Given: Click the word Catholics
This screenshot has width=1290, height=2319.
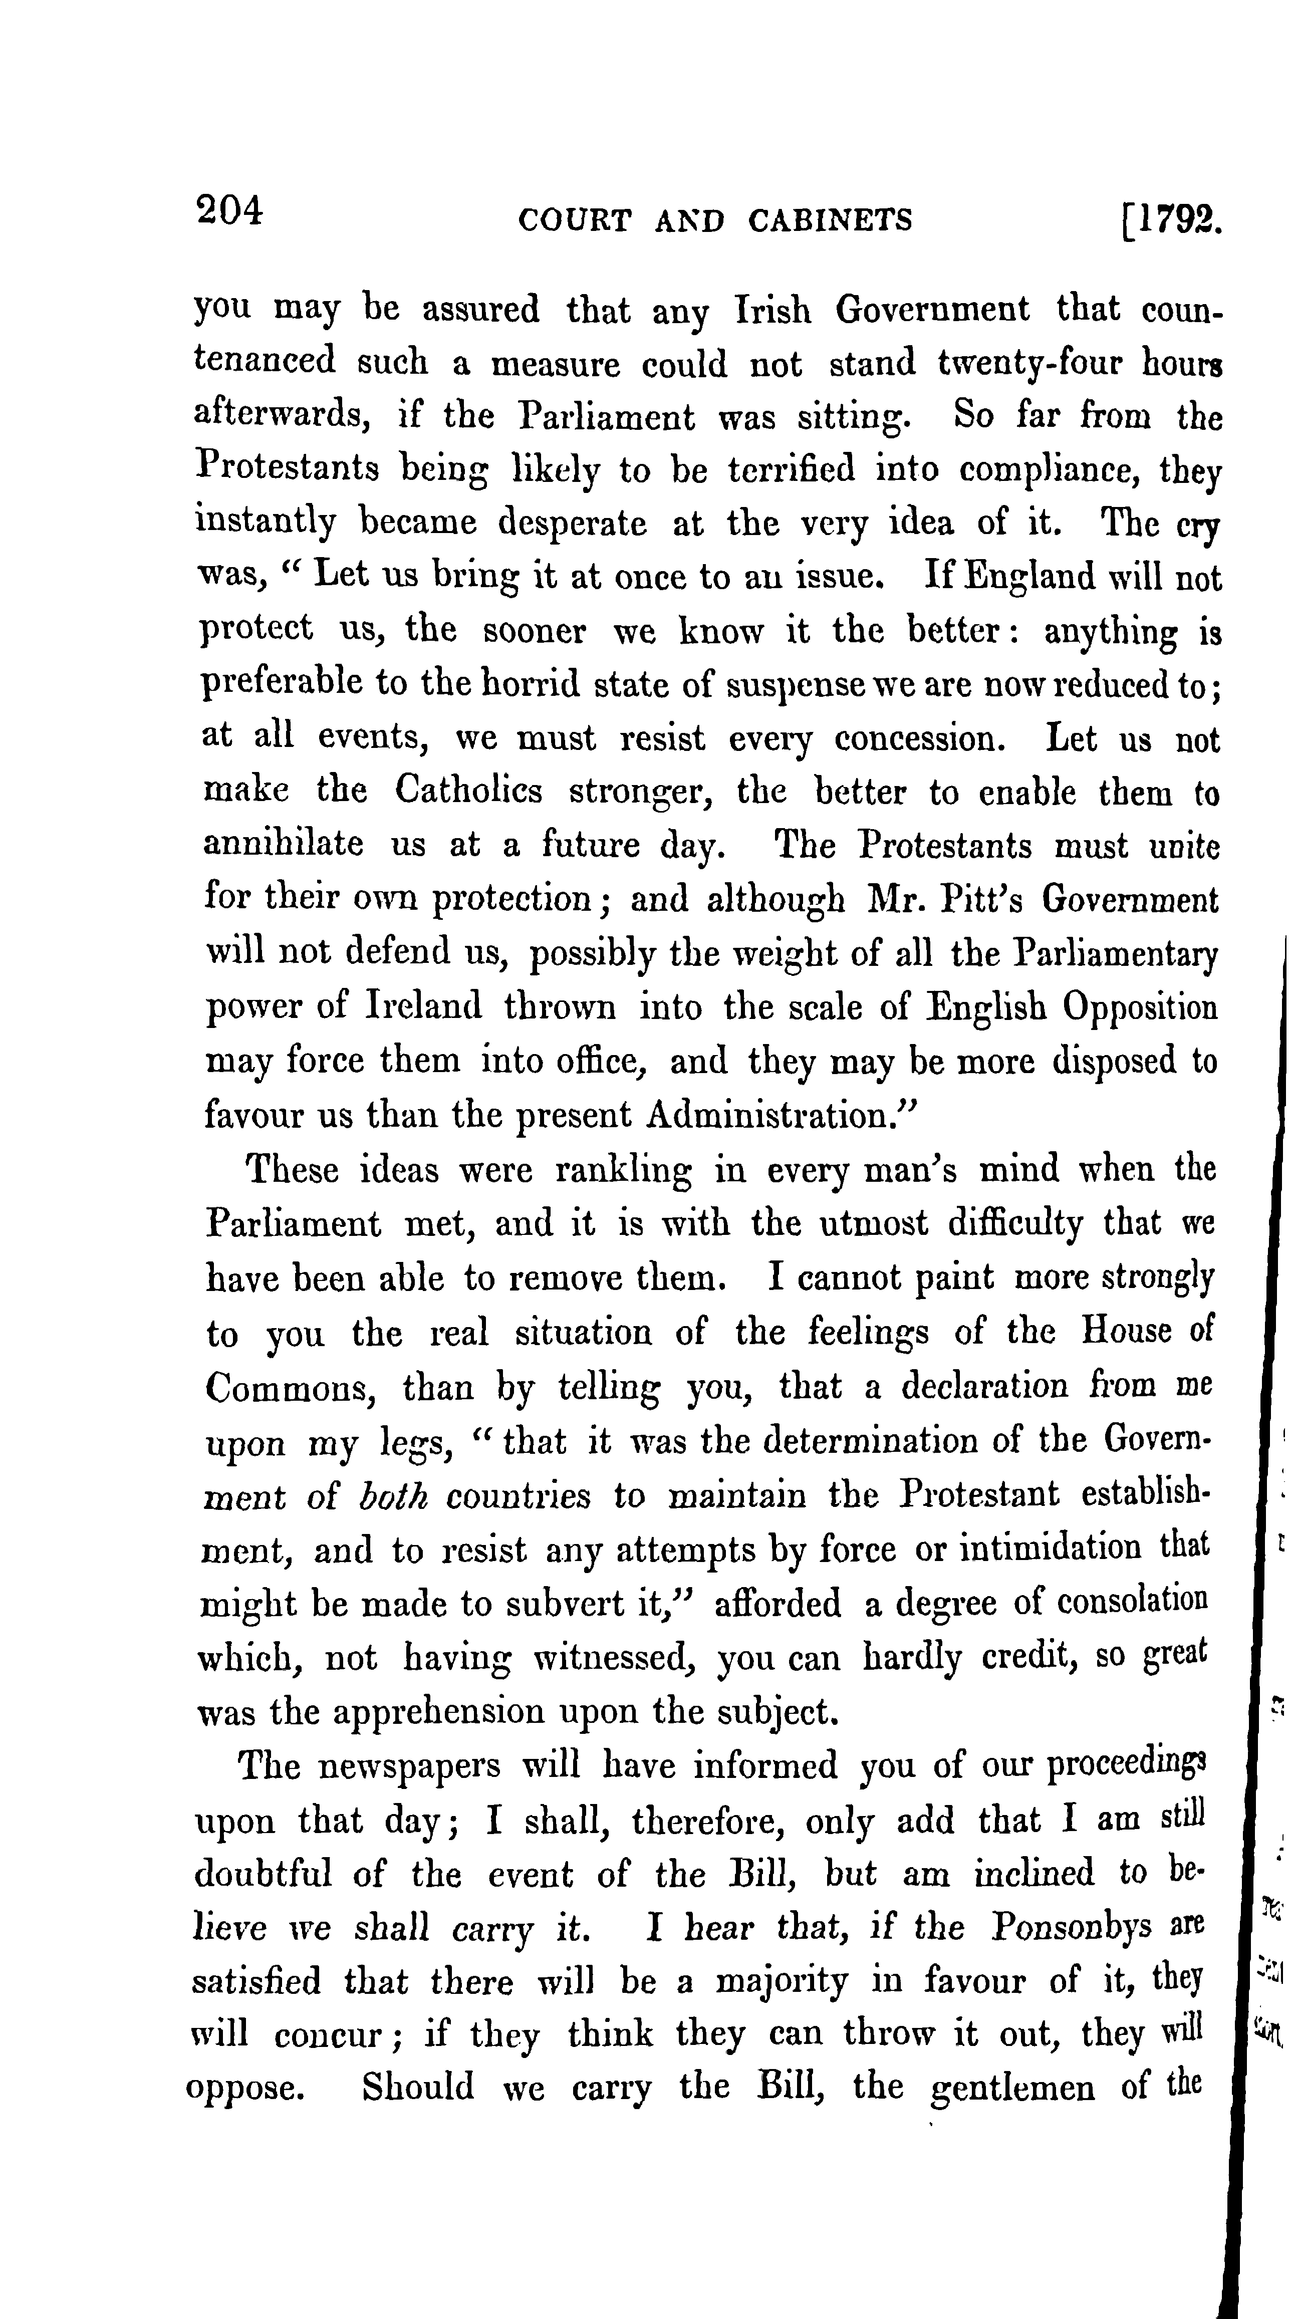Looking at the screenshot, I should pyautogui.click(x=468, y=792).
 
